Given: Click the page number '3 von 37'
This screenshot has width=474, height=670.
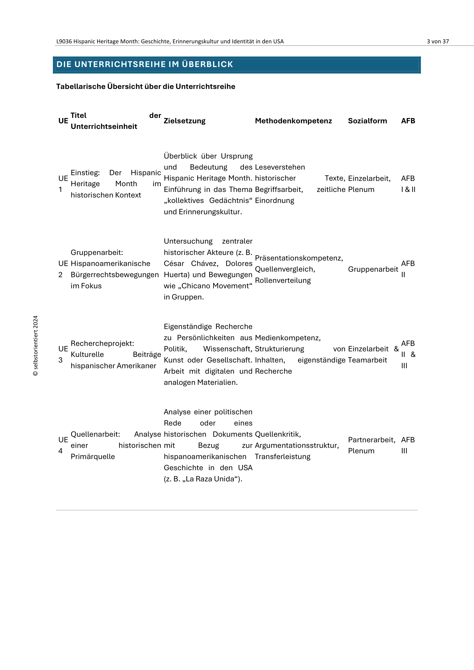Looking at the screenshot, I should (438, 42).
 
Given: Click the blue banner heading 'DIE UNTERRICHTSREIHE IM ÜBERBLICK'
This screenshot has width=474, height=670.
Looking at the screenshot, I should (144, 64).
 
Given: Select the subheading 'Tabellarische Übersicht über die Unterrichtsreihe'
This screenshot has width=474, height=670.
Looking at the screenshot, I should (145, 87).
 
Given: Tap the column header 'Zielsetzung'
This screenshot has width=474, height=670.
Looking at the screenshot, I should (185, 121).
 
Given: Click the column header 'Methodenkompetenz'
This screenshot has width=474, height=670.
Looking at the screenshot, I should (293, 121).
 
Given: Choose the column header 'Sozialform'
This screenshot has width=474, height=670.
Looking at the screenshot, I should (367, 121).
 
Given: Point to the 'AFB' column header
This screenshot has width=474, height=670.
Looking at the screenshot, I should (408, 121).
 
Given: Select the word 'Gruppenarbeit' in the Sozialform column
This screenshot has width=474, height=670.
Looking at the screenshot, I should (373, 269).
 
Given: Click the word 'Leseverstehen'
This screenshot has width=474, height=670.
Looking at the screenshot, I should (280, 167).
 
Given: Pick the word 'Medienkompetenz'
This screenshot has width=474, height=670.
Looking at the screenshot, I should (287, 338).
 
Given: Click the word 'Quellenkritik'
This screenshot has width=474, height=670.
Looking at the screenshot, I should (277, 434).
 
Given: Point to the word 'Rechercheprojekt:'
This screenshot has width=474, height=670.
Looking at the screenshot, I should (102, 343).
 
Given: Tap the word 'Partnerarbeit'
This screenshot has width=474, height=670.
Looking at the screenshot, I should (371, 440).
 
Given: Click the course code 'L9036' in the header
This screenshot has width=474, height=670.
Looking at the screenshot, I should (64, 42).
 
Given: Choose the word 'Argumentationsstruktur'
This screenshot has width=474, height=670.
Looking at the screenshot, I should (296, 445).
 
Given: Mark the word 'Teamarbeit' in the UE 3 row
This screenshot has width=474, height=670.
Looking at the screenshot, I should (367, 360).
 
